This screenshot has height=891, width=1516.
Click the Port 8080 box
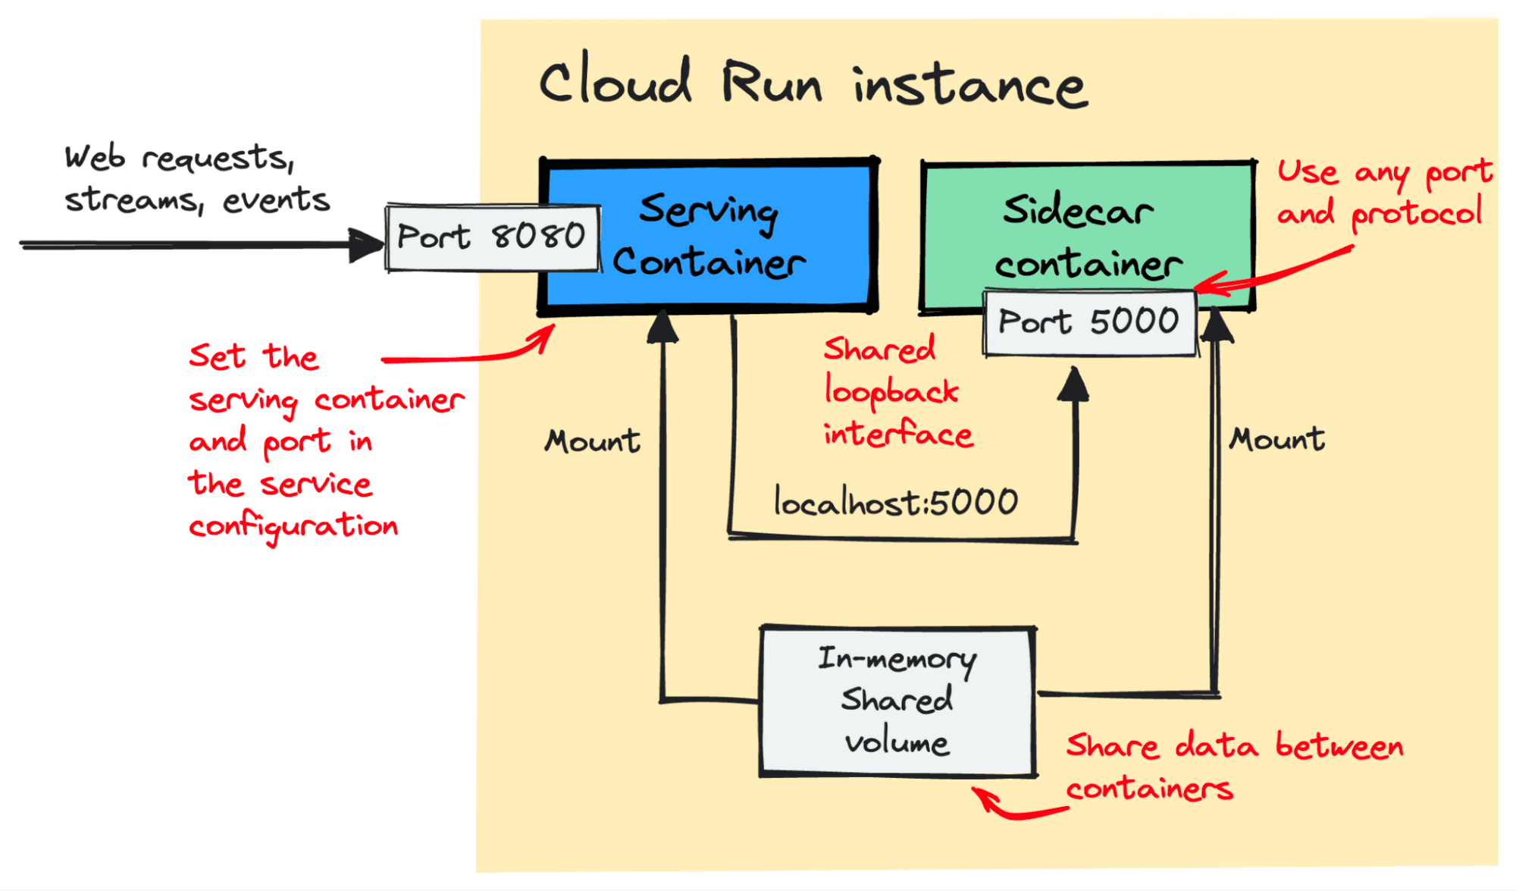(492, 237)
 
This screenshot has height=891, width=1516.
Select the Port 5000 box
(1089, 322)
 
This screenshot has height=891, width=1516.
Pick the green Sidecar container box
(1088, 227)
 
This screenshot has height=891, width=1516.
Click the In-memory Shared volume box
(897, 701)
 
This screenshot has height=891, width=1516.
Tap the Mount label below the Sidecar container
(1277, 439)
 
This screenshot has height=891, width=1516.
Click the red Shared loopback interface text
(897, 392)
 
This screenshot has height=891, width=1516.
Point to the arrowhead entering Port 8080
(367, 244)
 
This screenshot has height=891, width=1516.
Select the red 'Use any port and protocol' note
(1384, 193)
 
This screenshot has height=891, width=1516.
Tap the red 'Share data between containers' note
(1234, 767)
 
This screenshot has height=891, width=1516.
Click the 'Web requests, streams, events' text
(196, 179)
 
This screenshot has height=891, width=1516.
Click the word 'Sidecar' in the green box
(1078, 210)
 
